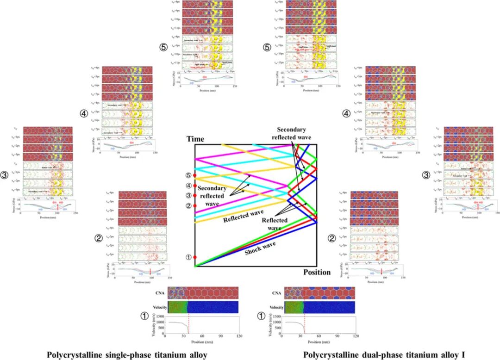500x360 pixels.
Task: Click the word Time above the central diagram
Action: [195, 139]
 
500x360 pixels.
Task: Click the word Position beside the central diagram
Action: [317, 272]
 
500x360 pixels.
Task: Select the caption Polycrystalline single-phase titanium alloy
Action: [126, 355]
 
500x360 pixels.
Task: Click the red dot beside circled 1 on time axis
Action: [195, 257]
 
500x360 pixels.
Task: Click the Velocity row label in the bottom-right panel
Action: [275, 307]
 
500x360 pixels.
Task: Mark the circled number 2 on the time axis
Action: [188, 205]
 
